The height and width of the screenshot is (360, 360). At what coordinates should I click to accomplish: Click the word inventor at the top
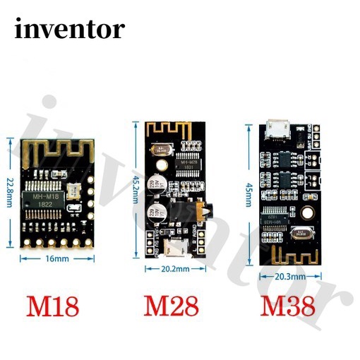coord(68,29)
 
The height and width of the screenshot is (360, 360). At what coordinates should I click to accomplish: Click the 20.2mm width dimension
coord(173,269)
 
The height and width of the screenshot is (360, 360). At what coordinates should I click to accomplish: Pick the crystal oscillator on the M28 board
coord(165,149)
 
